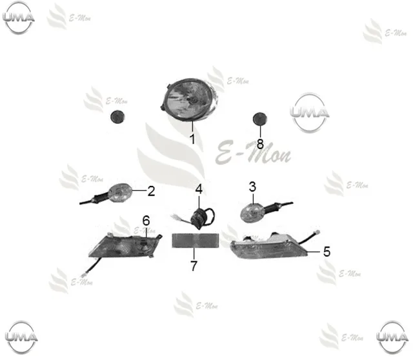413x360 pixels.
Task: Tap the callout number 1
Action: pos(193,139)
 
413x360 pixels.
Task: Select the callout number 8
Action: pos(260,144)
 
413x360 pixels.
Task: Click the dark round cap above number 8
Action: pos(259,119)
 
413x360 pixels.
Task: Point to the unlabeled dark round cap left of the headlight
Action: pos(117,117)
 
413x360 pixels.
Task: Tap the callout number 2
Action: pos(151,191)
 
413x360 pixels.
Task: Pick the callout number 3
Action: pos(252,186)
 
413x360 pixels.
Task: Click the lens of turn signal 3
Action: pos(252,212)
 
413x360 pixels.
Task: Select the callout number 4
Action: pos(199,189)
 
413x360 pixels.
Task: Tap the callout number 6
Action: pos(146,221)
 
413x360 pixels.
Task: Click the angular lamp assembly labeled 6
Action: pos(125,245)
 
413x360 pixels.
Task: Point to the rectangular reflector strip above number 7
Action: pos(195,241)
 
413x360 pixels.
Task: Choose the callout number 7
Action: pos(194,266)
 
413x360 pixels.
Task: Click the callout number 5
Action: pos(327,252)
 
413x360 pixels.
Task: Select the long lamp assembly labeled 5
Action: pos(269,246)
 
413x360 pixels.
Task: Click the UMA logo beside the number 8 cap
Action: pos(310,112)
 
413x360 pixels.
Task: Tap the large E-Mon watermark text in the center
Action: pos(254,153)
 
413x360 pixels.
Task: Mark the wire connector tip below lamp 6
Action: pos(85,275)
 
